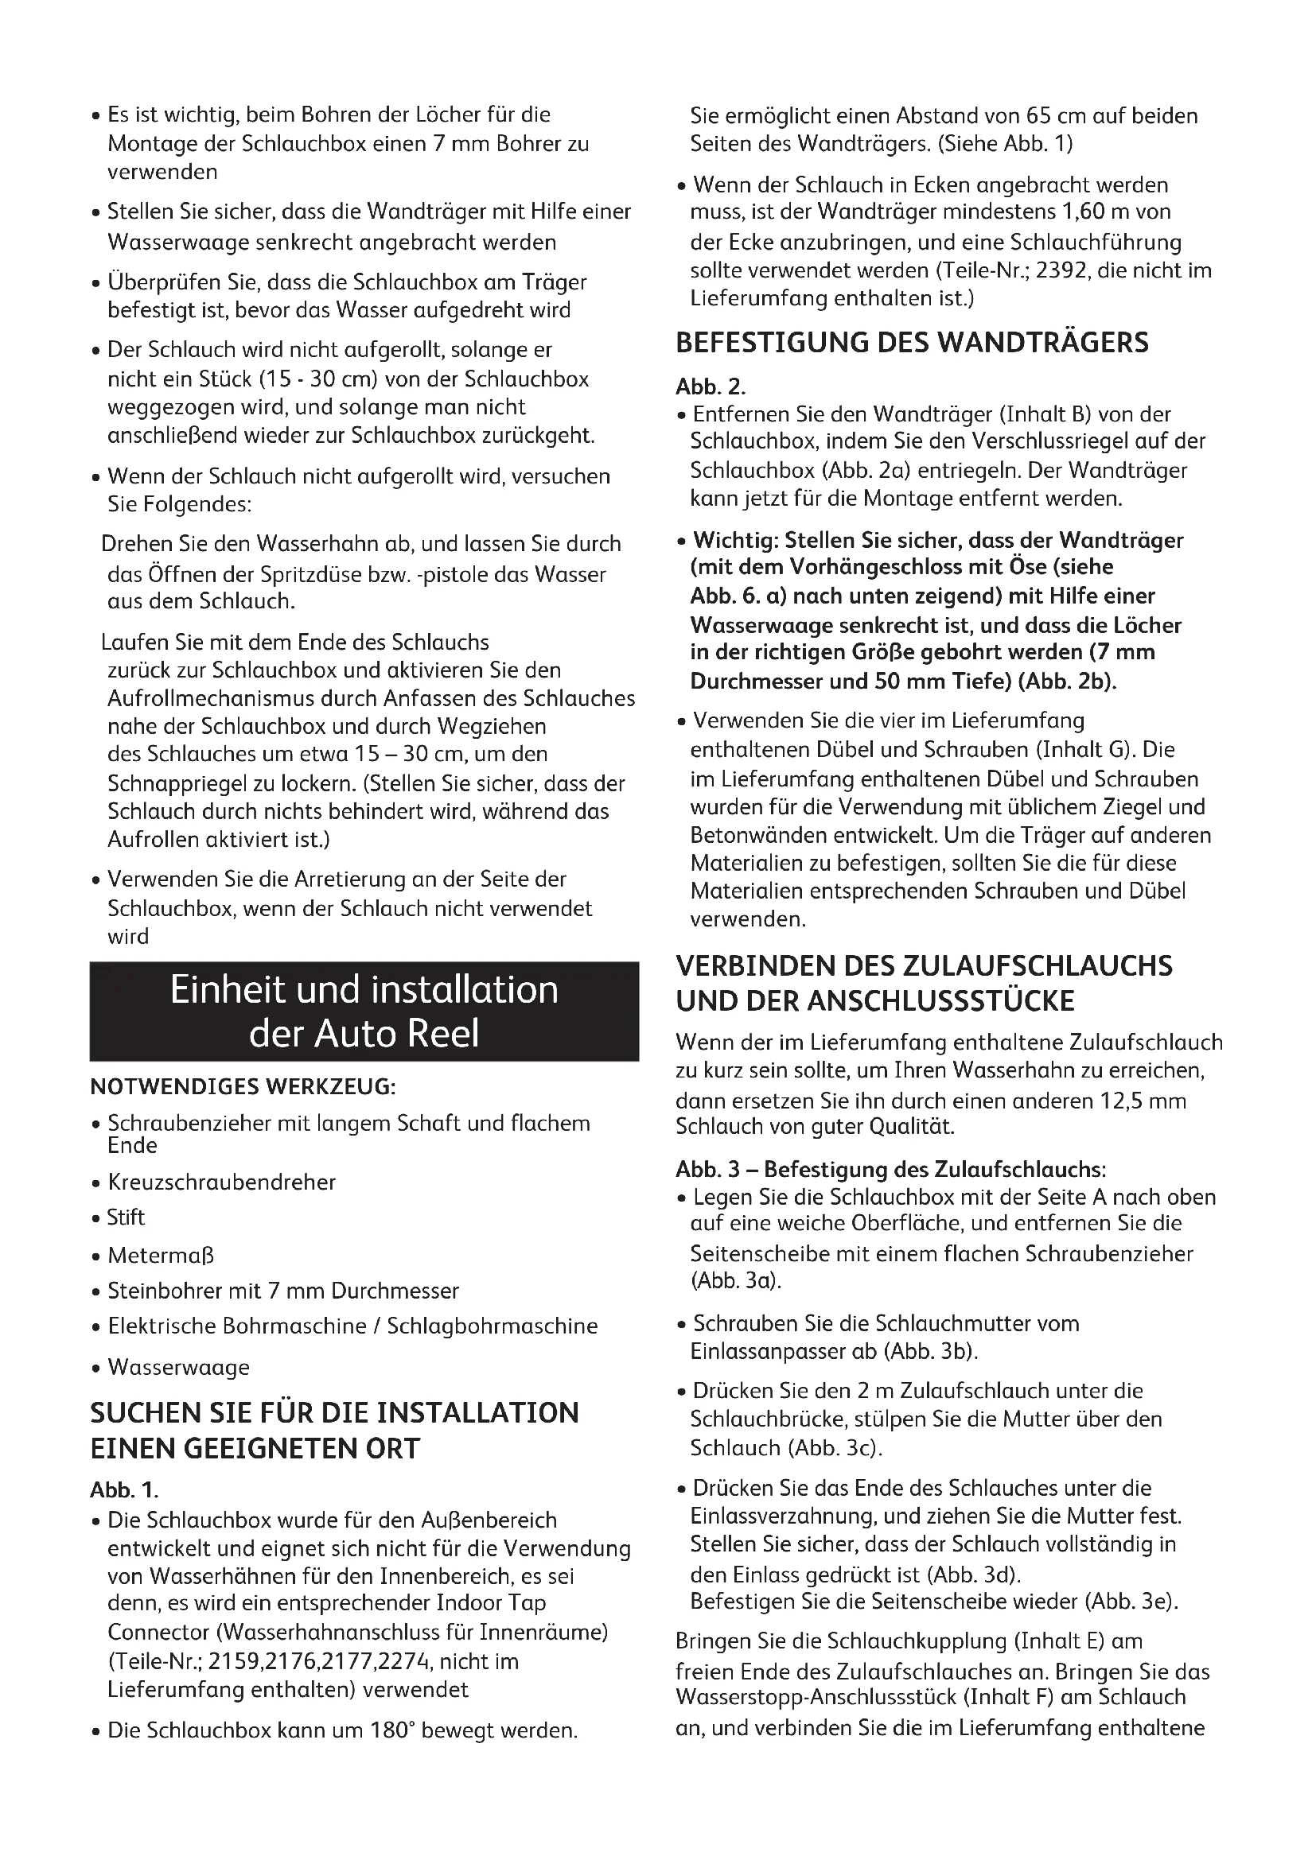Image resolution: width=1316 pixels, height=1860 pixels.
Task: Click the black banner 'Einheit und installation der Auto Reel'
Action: (x=364, y=1011)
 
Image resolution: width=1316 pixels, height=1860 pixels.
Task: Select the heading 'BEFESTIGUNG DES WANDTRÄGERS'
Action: (x=912, y=343)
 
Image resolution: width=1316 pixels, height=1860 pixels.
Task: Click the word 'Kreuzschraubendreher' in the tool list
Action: (x=221, y=1182)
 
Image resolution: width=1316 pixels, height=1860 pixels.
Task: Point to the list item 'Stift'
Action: (x=126, y=1217)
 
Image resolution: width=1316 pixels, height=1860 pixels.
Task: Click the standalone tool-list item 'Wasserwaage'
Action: (x=178, y=1368)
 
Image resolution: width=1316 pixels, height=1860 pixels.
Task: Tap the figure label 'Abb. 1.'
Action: (x=125, y=1489)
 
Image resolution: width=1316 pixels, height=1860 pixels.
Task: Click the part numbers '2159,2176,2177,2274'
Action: (x=322, y=1661)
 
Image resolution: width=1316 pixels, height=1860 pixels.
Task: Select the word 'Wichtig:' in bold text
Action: (x=735, y=540)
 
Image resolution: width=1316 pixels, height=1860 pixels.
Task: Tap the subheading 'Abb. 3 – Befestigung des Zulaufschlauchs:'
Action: (x=890, y=1169)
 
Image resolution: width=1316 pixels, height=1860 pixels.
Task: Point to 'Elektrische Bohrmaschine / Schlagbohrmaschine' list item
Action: (x=352, y=1326)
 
